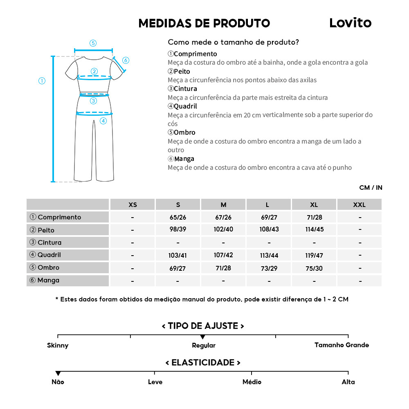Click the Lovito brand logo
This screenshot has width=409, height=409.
350,23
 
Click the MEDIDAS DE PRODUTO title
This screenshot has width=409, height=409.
204,23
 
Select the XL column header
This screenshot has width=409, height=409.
314,204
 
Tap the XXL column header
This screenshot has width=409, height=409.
359,204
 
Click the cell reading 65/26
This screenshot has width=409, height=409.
178,218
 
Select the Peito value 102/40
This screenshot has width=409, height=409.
223,229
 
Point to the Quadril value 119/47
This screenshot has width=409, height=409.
314,255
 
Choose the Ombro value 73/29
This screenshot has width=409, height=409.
269,268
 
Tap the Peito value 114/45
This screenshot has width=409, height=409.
314,229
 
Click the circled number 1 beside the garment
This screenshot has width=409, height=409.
42,81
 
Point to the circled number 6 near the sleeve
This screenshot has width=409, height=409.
126,61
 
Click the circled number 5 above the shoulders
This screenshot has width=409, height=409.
93,43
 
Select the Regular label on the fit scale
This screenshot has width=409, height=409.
204,345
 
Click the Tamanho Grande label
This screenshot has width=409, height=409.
342,345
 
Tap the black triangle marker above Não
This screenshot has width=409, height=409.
58,373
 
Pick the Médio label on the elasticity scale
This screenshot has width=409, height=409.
252,382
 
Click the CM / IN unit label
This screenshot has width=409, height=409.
371,188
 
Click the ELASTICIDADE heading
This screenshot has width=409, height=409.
203,362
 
